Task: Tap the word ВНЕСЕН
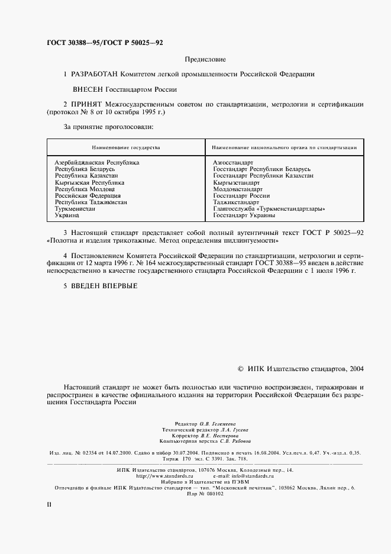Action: coord(87,90)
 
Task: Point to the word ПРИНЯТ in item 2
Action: coord(86,105)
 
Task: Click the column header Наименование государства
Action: coord(125,146)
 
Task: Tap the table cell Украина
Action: coord(67,215)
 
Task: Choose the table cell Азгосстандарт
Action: coord(233,162)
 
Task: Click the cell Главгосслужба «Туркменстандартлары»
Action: coord(269,208)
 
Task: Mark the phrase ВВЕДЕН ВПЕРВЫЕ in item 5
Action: coord(104,286)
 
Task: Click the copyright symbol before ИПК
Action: coord(240,368)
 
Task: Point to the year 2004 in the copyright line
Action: coord(357,368)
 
